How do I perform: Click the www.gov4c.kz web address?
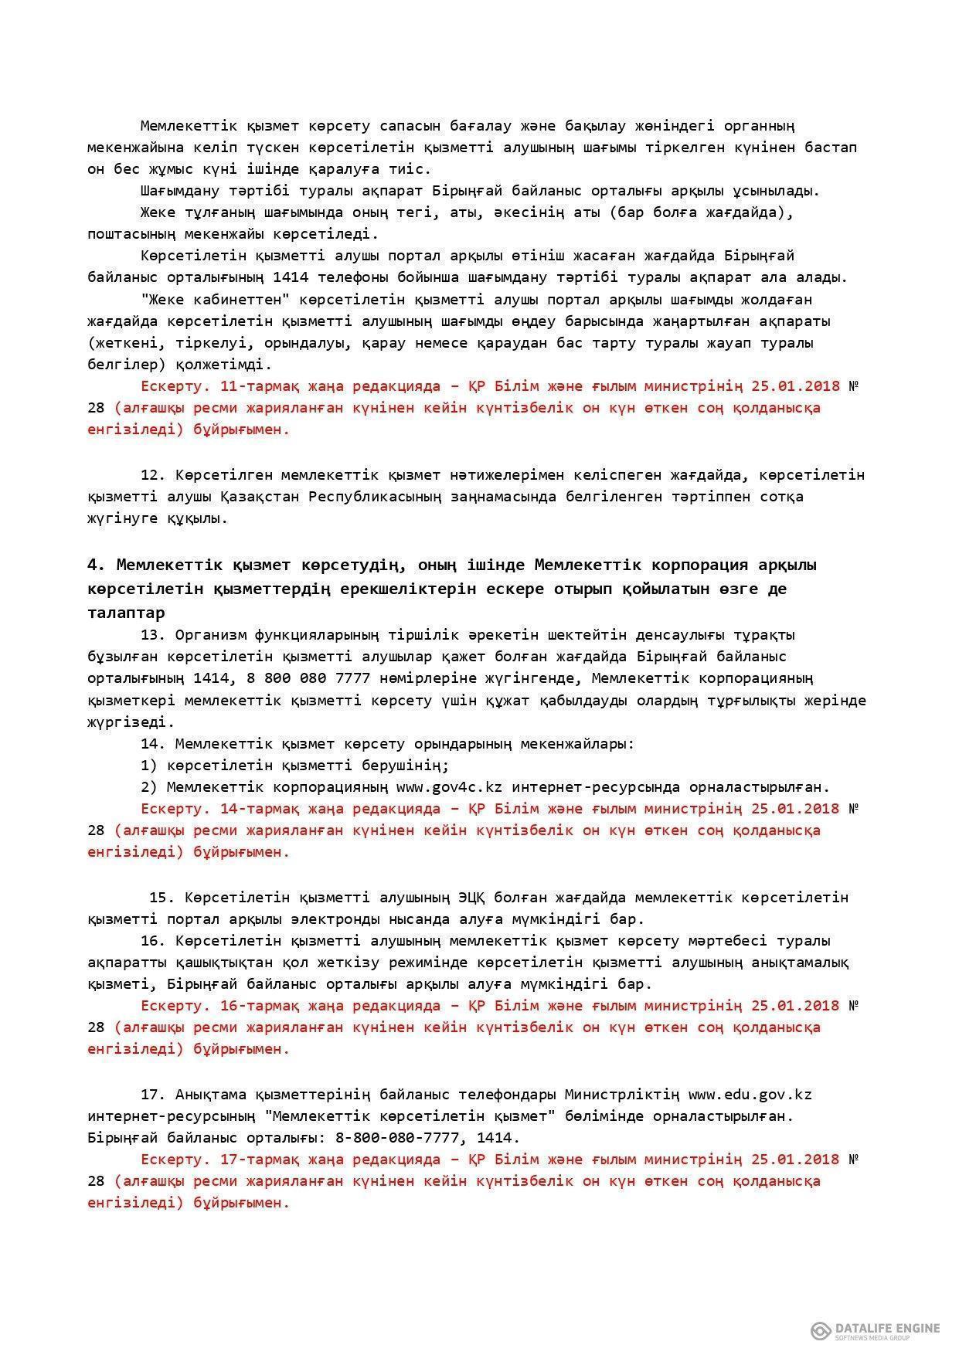449,787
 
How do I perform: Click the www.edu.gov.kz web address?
750,1095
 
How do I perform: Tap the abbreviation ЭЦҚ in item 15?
475,898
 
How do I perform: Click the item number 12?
153,474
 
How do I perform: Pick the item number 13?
153,635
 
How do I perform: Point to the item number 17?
153,1095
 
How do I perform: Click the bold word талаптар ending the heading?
126,613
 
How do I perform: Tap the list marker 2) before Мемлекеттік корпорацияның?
149,787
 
